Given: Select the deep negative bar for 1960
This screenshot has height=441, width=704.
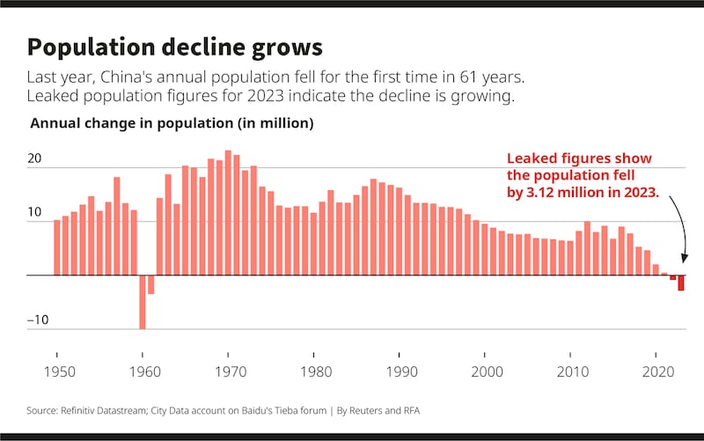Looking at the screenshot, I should click(143, 302).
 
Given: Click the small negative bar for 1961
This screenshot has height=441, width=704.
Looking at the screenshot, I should click(151, 284).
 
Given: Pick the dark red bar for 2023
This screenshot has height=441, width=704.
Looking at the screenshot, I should click(681, 283).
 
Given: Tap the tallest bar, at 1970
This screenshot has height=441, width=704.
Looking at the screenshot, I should click(229, 213).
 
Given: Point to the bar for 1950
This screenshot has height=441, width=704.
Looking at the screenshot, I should click(57, 247).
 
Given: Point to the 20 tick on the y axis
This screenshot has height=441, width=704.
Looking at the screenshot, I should click(35, 159).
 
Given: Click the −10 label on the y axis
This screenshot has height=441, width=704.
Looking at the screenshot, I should click(37, 320).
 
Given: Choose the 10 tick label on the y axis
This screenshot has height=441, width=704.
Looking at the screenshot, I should click(35, 213).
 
